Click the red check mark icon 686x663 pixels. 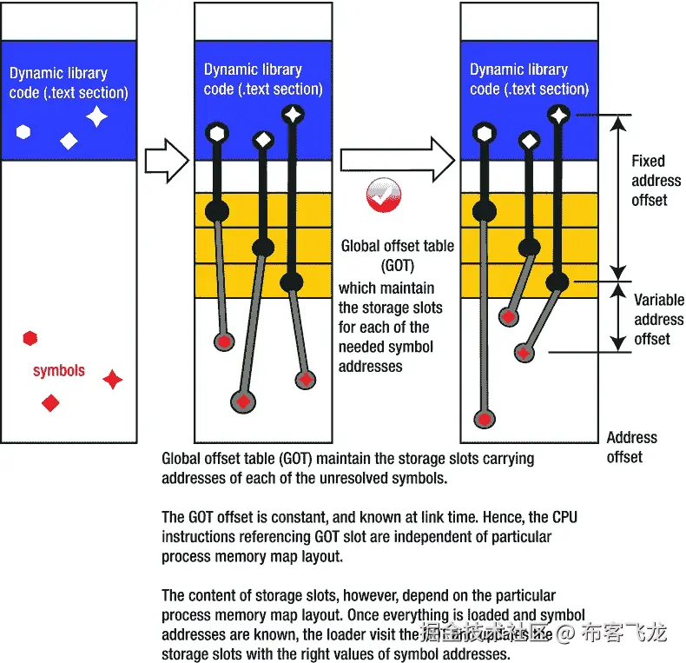384,196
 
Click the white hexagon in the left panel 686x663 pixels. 23,132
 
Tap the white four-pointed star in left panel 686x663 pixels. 96,116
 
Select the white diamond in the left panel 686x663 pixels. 69,141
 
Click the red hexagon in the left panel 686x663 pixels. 30,338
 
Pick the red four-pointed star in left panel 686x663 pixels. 112,380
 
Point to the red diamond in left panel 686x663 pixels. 51,402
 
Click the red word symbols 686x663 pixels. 59,371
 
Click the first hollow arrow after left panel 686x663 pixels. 165,160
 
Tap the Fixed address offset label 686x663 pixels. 656,181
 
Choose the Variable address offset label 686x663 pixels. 658,319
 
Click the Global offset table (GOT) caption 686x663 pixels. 397,255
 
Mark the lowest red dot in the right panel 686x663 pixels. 482,419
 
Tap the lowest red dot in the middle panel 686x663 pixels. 243,401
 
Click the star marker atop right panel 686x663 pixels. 559,114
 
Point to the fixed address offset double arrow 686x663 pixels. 616,196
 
